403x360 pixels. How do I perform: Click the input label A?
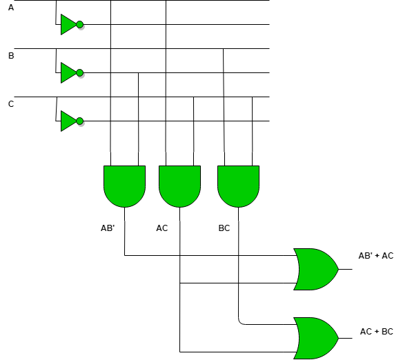(x=10, y=8)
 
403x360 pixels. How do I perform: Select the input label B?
(x=10, y=56)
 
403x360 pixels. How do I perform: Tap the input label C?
(x=10, y=104)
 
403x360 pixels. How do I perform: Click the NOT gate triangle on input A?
(x=68, y=25)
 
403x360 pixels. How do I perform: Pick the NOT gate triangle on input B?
(x=68, y=72)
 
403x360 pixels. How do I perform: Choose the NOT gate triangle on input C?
(x=68, y=121)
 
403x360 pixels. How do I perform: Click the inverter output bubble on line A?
(x=80, y=25)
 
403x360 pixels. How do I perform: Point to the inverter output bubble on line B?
(x=80, y=72)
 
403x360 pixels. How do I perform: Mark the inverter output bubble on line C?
(x=80, y=121)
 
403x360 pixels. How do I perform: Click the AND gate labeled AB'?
(x=124, y=186)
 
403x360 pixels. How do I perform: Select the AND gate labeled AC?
(x=179, y=186)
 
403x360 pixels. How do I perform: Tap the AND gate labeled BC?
(x=238, y=186)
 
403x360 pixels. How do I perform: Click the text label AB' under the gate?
(x=108, y=228)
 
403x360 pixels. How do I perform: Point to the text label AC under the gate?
(x=162, y=228)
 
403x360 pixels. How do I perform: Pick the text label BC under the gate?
(x=224, y=228)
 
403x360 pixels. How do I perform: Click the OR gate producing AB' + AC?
(x=315, y=269)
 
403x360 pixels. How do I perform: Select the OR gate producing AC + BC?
(x=315, y=338)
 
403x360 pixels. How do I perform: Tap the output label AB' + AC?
(x=376, y=256)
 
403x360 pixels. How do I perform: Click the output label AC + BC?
(x=377, y=332)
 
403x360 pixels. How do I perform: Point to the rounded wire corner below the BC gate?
(x=240, y=322)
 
